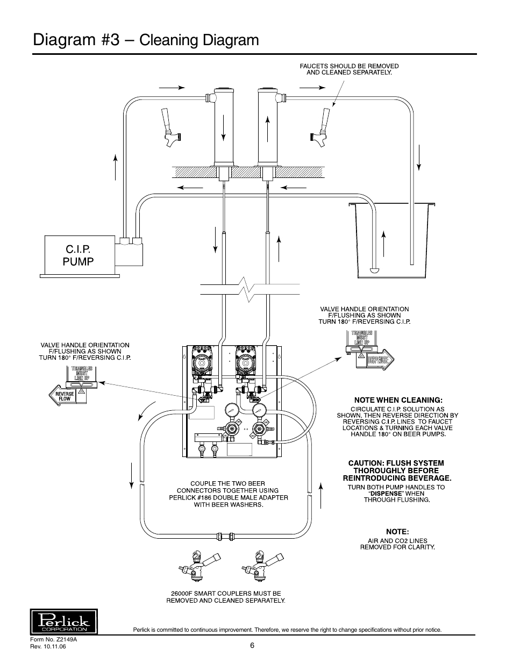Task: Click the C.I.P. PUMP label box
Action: [80, 255]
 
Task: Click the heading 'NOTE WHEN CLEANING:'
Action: [397, 400]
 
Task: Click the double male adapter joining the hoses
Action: [225, 536]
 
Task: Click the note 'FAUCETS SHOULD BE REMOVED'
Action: [349, 66]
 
